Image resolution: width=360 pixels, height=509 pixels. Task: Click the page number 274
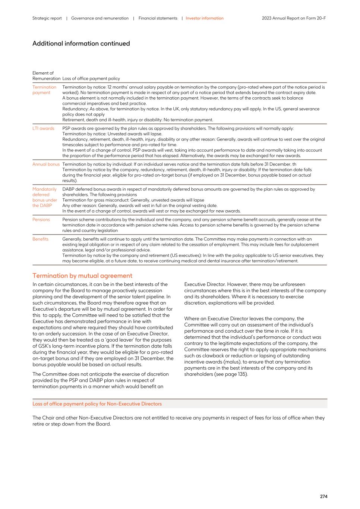tap(323, 496)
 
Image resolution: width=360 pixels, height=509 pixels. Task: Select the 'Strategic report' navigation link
tap(47, 18)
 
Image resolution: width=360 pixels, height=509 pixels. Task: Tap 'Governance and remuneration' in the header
tap(100, 18)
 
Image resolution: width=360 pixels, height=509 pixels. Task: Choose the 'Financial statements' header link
tap(158, 18)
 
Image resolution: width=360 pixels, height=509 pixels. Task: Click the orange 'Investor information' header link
tap(205, 18)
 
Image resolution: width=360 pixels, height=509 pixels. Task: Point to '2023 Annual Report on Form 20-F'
tap(294, 18)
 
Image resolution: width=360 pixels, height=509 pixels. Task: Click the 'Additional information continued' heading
tap(81, 44)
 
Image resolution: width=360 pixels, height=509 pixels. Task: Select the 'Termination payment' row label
tap(44, 90)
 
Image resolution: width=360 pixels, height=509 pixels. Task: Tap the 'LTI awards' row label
tap(43, 129)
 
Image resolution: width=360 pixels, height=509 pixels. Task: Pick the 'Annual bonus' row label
tap(46, 164)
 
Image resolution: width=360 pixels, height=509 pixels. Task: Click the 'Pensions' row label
tap(41, 220)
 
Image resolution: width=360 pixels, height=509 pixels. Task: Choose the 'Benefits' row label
tap(40, 239)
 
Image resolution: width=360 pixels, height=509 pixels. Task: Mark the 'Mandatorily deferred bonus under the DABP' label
tap(45, 197)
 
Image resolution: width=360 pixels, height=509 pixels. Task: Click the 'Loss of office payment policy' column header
tap(91, 79)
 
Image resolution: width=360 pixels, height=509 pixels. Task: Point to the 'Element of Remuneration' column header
tap(46, 76)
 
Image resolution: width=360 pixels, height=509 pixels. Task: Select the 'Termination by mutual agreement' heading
tap(82, 276)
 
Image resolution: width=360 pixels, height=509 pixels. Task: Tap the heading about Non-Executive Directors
tap(97, 404)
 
